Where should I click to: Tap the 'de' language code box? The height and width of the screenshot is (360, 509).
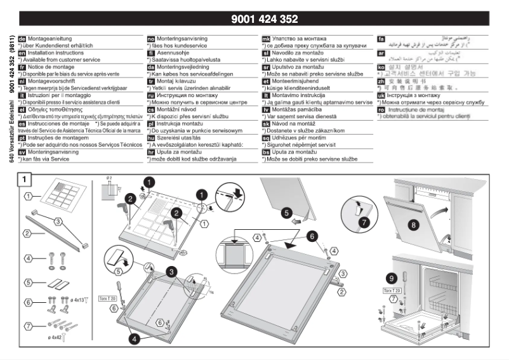point(23,39)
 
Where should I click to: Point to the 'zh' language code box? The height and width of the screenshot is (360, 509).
point(381,81)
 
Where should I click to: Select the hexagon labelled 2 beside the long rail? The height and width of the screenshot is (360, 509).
point(28,234)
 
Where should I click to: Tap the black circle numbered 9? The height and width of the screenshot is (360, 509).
point(391,277)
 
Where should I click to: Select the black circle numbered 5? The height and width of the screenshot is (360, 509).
point(287,213)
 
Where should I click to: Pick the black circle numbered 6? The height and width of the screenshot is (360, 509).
point(312,234)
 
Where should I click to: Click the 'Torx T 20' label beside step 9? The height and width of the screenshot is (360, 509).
point(393,290)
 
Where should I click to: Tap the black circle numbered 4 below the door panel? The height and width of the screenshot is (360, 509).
point(135,338)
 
